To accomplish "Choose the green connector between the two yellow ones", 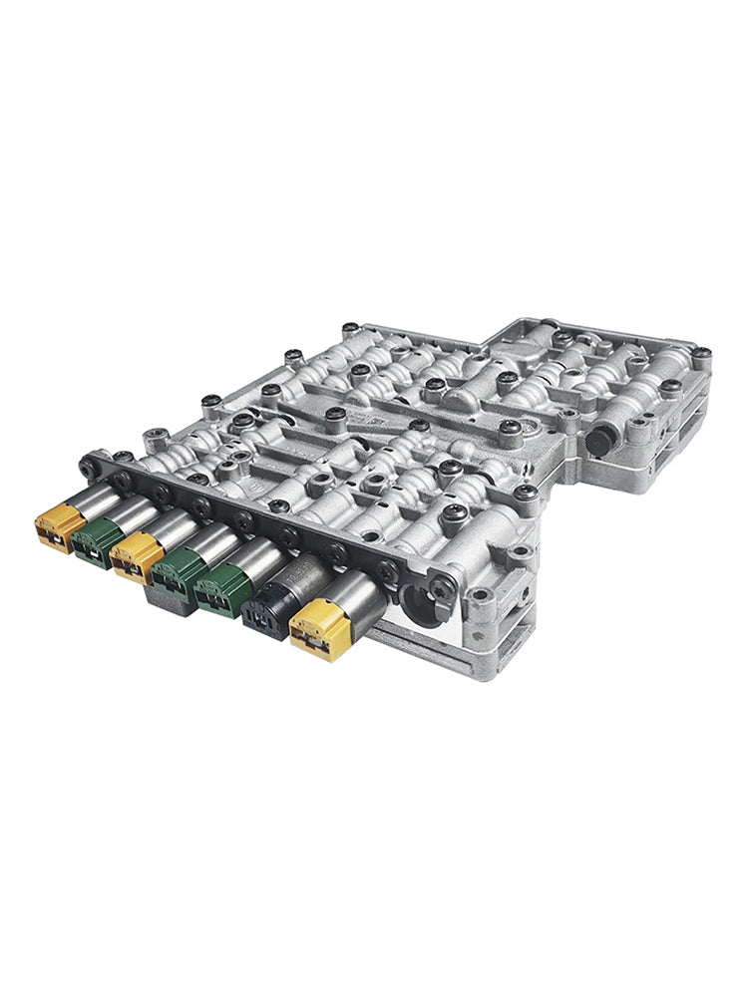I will [x=95, y=541].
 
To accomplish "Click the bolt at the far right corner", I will [x=702, y=354].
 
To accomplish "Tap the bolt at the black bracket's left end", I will [x=88, y=466].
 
